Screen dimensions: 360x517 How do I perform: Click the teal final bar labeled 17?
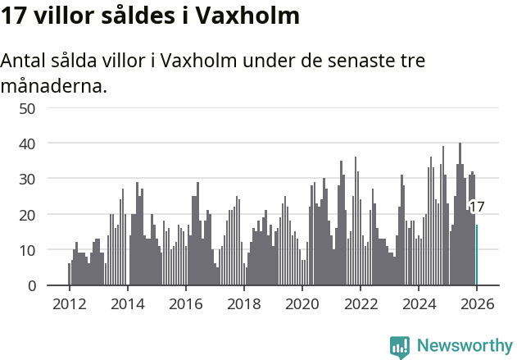pyautogui.click(x=477, y=255)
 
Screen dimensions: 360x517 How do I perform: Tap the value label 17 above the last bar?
pyautogui.click(x=476, y=207)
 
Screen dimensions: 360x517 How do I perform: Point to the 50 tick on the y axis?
pyautogui.click(x=27, y=107)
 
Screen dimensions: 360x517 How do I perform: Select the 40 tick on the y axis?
pyautogui.click(x=27, y=144)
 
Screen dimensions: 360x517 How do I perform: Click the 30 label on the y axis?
pyautogui.click(x=27, y=179)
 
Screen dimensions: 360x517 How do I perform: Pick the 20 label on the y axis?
pyautogui.click(x=27, y=214)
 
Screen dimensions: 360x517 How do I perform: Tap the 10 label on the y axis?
pyautogui.click(x=27, y=250)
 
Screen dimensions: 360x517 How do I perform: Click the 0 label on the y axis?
pyautogui.click(x=31, y=285)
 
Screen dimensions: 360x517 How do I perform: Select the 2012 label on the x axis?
pyautogui.click(x=69, y=303)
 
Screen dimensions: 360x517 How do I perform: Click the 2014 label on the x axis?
pyautogui.click(x=127, y=303)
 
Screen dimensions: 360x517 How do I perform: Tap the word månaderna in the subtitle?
pyautogui.click(x=54, y=85)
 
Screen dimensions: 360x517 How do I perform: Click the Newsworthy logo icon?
pyautogui.click(x=399, y=346)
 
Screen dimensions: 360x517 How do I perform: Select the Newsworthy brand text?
pyautogui.click(x=464, y=346)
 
